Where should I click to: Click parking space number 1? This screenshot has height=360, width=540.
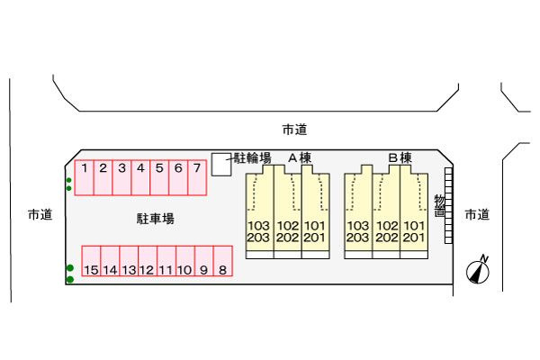pos(85,177)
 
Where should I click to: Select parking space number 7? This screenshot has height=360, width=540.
pos(197,177)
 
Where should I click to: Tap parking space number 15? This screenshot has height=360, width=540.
pos(91,261)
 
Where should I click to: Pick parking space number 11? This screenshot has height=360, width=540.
pos(166,261)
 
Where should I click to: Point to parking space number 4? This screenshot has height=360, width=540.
pos(140,177)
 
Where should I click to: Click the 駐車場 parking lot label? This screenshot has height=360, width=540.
pos(156,219)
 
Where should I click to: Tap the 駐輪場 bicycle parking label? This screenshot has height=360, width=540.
pos(253,158)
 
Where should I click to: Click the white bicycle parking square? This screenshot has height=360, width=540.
pos(221,165)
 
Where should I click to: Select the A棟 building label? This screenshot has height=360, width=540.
pos(300,157)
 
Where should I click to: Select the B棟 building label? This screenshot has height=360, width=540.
pos(400,157)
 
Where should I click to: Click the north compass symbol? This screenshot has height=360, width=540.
pos(479,270)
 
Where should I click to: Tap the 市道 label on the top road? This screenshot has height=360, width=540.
pos(295,130)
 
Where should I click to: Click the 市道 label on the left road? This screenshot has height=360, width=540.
pos(40,214)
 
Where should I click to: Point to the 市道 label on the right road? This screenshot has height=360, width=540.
pos(477,214)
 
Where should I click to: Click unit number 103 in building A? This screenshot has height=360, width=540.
pos(258,226)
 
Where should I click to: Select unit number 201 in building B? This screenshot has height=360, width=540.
pos(414,238)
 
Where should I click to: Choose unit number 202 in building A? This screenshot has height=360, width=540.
pos(288,238)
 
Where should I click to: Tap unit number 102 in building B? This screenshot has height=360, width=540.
pos(387,226)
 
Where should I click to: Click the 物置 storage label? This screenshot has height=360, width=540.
pos(439,206)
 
